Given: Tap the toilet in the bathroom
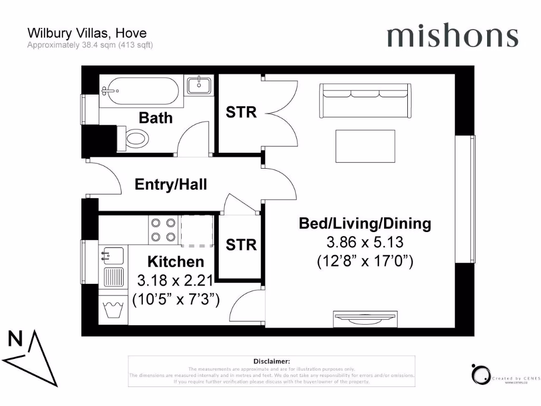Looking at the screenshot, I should pyautogui.click(x=133, y=139).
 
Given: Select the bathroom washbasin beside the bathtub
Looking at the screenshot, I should pyautogui.click(x=199, y=85).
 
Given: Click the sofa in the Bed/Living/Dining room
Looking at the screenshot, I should pyautogui.click(x=365, y=100).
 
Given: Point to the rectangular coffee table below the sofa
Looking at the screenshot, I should pyautogui.click(x=365, y=146).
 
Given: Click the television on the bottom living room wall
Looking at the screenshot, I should pyautogui.click(x=365, y=319).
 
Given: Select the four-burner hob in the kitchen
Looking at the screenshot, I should pyautogui.click(x=163, y=230).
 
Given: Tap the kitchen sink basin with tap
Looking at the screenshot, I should pyautogui.click(x=112, y=256).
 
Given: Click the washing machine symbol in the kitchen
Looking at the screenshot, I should pyautogui.click(x=114, y=308).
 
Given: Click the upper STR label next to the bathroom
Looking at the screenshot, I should pyautogui.click(x=241, y=113).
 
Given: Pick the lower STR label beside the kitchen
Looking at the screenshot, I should pyautogui.click(x=241, y=245).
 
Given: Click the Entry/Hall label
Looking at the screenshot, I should pyautogui.click(x=171, y=184).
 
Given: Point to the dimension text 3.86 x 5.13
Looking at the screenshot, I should pyautogui.click(x=365, y=243).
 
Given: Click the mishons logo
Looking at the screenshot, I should pyautogui.click(x=452, y=35).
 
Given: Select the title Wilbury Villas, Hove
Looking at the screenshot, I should pyautogui.click(x=87, y=34).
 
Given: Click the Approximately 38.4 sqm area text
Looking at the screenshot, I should pyautogui.click(x=90, y=45).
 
